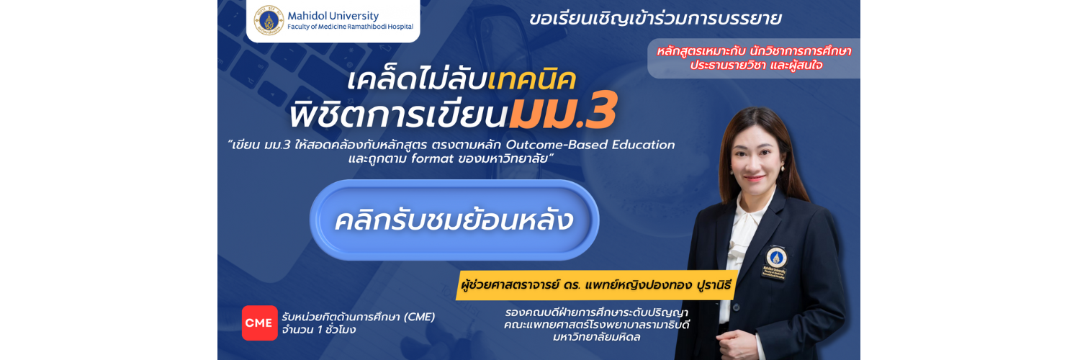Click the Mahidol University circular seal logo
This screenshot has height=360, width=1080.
tap(269, 20)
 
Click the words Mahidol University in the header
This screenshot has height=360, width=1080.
tap(333, 16)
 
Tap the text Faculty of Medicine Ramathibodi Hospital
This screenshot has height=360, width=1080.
tap(351, 27)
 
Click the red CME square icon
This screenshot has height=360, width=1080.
tap(259, 323)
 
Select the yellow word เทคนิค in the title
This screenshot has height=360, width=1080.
tap(532, 80)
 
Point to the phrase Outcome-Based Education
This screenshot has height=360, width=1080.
tap(590, 145)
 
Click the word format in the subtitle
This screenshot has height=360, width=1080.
tap(432, 158)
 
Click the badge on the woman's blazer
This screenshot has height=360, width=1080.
tap(775, 264)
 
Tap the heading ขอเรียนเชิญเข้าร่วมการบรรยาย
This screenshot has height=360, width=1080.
tap(655, 19)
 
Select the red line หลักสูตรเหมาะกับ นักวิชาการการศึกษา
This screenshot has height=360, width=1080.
tap(754, 51)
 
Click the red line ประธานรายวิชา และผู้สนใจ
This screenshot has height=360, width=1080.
tap(756, 66)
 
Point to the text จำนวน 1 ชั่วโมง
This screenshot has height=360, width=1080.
tap(319, 330)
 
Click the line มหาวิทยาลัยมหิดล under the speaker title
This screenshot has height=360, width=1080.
tap(596, 338)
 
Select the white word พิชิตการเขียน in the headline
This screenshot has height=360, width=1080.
tap(398, 114)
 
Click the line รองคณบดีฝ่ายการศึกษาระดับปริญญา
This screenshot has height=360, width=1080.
tap(596, 312)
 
